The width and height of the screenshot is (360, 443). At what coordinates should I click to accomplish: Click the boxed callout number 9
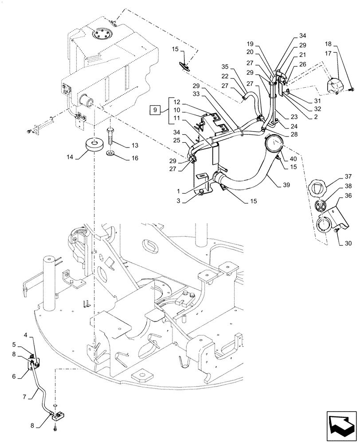pyautogui.click(x=155, y=109)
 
